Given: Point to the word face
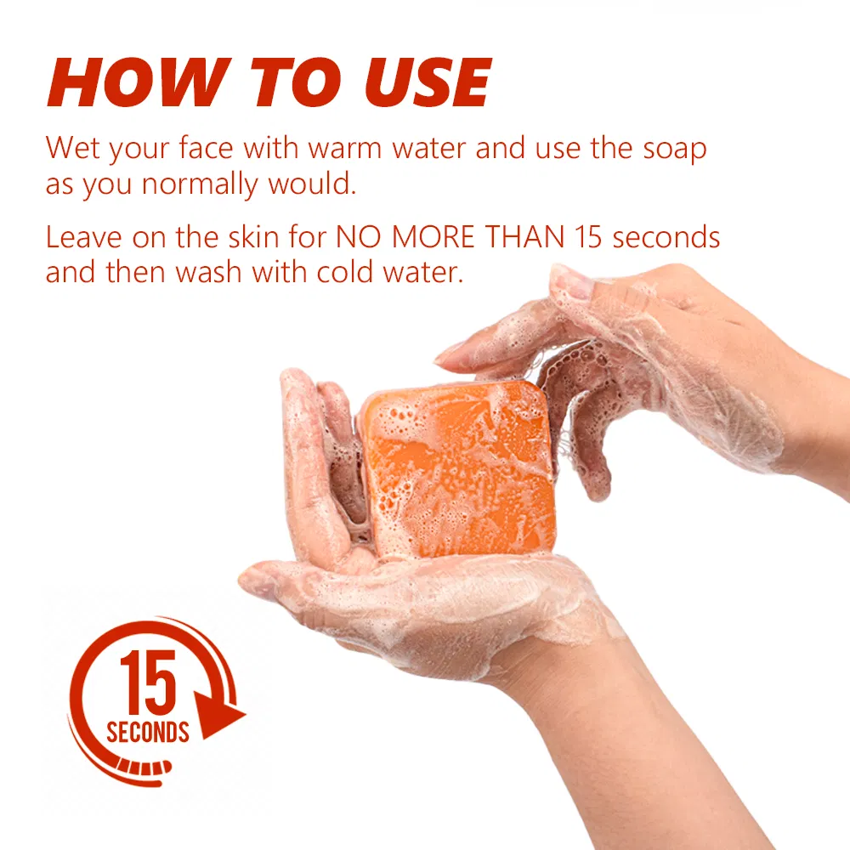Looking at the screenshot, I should tap(208, 148).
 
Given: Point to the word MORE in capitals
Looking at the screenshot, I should tap(434, 236).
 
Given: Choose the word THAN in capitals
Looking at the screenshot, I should tap(524, 236).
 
